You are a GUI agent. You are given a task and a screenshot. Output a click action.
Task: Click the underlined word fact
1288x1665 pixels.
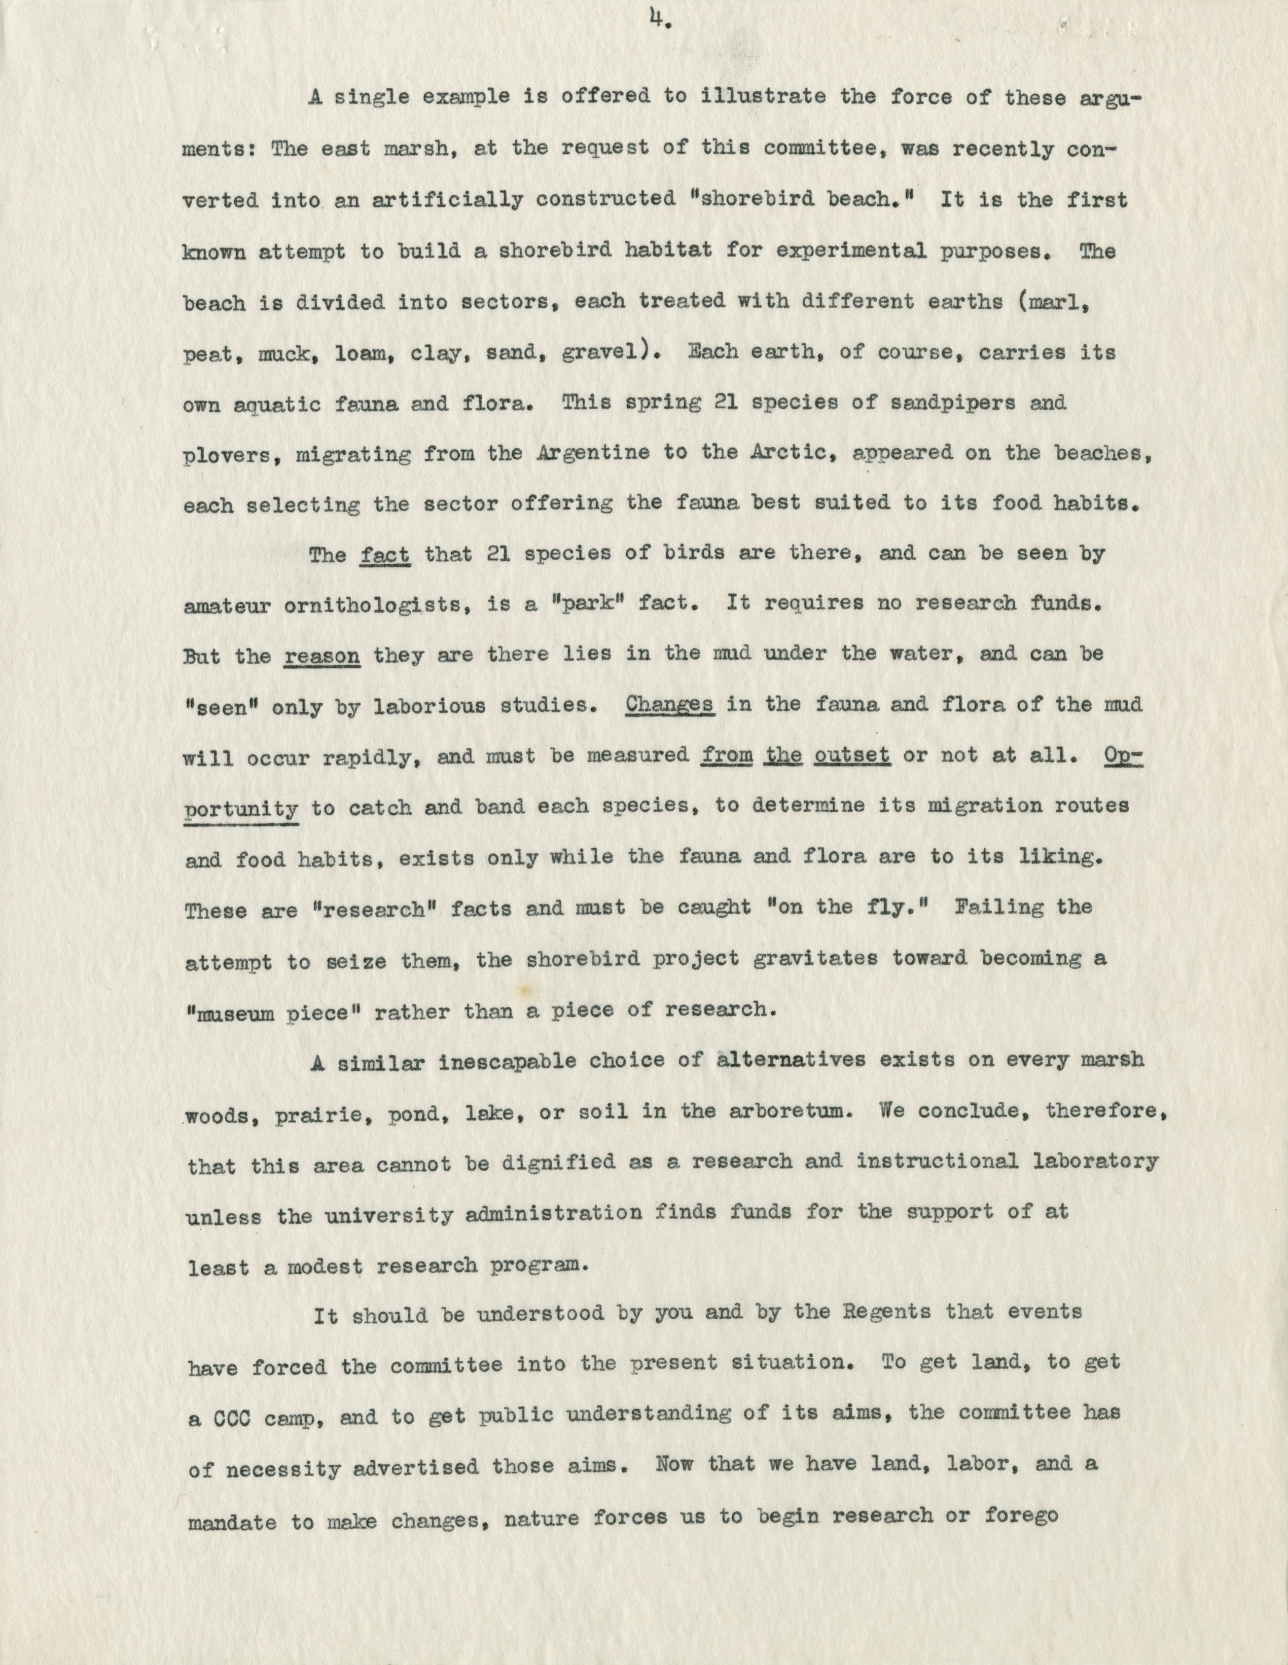[384, 554]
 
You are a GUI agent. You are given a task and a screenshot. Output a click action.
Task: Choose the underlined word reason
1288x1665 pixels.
[321, 656]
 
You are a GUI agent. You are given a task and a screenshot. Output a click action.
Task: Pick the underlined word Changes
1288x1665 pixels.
[669, 705]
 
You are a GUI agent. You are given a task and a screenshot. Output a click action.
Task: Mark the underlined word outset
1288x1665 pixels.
[852, 755]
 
